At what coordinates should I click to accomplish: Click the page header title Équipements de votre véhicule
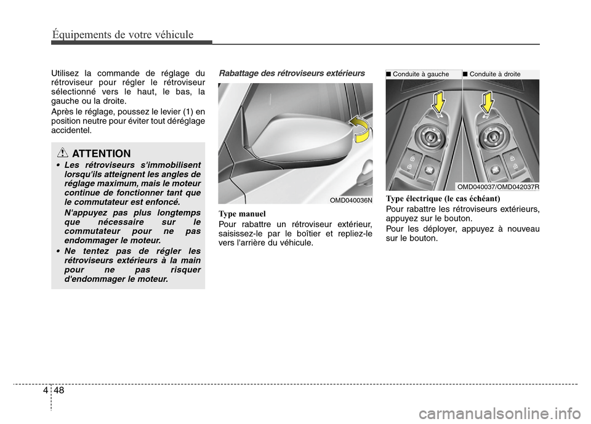(123, 34)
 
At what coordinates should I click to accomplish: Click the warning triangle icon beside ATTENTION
(63, 153)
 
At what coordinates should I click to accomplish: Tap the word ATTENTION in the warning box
(102, 154)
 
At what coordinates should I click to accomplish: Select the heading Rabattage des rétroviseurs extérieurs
(292, 73)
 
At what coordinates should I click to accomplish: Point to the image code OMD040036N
(351, 200)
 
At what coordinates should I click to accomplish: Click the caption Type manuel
(242, 214)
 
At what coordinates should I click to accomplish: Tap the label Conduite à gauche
(420, 74)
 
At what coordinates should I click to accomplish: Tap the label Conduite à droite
(495, 74)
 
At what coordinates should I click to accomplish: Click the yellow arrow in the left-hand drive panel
(438, 102)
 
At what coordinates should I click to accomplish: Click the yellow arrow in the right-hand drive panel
(487, 102)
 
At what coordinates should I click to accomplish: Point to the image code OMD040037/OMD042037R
(498, 187)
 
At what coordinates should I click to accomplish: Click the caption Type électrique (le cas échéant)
(443, 199)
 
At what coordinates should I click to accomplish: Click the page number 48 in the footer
(59, 390)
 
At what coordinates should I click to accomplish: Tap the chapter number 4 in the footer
(45, 390)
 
